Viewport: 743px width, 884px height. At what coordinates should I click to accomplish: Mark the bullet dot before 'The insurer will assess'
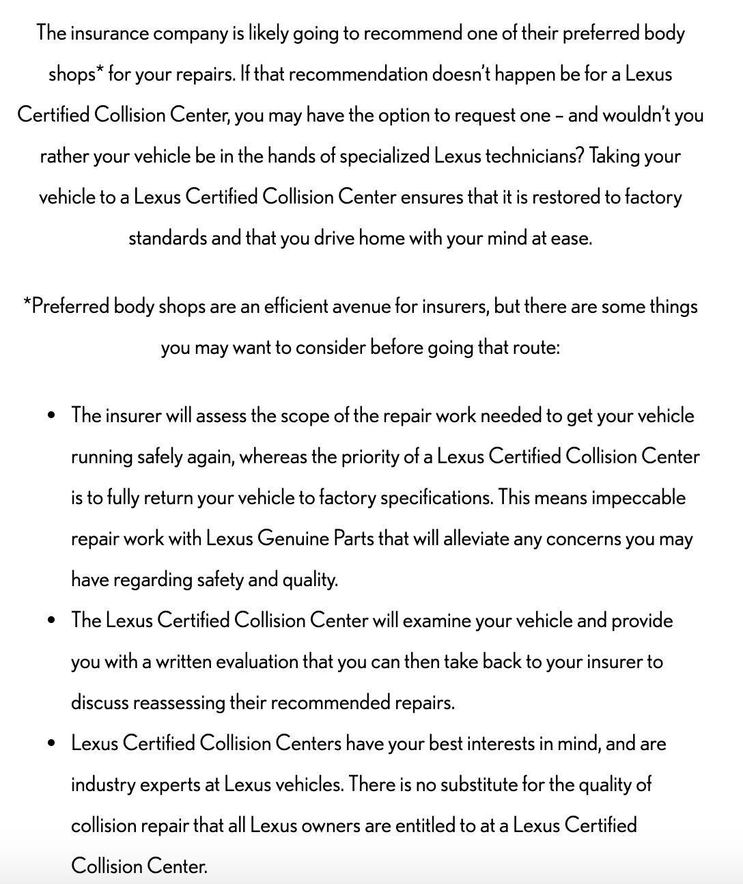52,416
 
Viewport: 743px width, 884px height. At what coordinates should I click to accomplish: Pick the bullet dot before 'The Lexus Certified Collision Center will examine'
52,621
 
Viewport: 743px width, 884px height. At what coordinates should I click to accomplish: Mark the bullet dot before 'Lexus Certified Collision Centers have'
52,744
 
